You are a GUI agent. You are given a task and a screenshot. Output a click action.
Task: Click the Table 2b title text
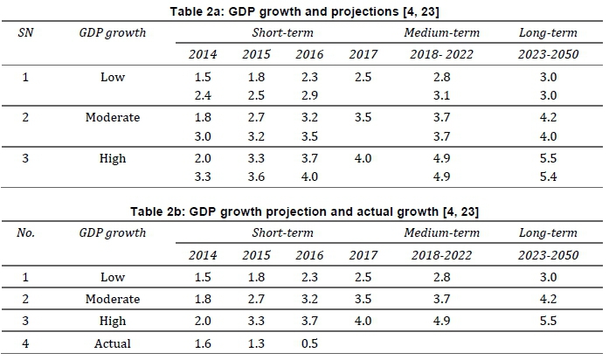click(305, 211)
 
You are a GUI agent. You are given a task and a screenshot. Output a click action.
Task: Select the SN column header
click(24, 32)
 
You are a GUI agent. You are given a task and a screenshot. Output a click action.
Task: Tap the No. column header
click(25, 233)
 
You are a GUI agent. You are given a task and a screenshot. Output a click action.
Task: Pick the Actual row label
click(113, 343)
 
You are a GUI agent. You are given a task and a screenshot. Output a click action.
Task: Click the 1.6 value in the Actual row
click(203, 343)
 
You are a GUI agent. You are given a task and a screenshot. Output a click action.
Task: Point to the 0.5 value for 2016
click(309, 343)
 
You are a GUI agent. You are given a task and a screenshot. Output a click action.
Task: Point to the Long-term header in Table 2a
click(548, 32)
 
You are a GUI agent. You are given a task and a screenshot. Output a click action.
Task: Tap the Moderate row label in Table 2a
click(113, 118)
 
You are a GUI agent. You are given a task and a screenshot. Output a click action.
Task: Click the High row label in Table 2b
click(113, 322)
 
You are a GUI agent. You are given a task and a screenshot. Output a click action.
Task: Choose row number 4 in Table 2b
click(25, 343)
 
